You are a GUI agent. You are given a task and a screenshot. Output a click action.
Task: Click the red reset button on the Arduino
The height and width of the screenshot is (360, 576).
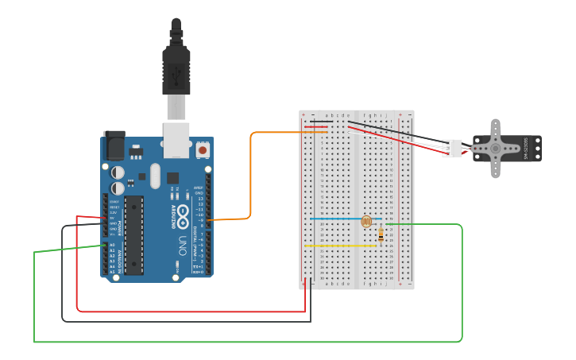coord(203,149)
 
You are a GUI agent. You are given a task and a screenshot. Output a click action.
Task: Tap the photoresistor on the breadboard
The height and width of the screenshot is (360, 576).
coord(366,222)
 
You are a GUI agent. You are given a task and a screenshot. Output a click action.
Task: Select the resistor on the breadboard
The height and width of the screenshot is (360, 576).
coord(381,234)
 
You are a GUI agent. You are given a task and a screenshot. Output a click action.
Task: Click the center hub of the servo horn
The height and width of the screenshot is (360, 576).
coord(495,148)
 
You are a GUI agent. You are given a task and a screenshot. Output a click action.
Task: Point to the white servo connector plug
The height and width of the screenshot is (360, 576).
coord(452,148)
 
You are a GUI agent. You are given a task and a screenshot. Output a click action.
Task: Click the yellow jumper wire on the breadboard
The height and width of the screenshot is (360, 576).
coord(340,246)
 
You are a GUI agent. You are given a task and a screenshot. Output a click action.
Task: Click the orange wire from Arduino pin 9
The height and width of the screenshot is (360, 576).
coord(251,175)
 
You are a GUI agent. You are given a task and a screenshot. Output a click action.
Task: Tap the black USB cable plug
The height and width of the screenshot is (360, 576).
coord(176,64)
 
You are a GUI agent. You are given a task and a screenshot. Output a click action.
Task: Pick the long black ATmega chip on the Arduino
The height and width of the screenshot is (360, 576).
coord(133,234)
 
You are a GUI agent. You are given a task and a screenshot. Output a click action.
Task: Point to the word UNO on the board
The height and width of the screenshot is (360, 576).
coord(182,239)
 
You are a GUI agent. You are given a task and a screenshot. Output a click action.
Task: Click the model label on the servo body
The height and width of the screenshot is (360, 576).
coord(526,148)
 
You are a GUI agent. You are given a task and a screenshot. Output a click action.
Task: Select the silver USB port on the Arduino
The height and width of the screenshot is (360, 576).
coord(176,139)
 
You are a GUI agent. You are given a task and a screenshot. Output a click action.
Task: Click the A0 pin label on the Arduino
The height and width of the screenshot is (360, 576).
coord(111,246)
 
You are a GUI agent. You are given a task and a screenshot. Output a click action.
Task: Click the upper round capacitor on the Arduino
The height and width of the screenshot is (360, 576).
coord(118,172)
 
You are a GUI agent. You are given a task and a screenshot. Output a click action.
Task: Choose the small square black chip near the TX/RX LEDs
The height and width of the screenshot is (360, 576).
coord(172,179)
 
